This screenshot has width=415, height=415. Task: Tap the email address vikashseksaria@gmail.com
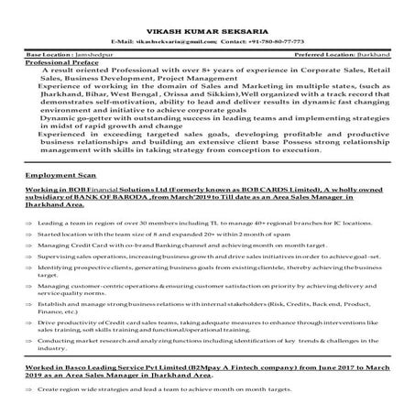[x=170, y=43]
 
